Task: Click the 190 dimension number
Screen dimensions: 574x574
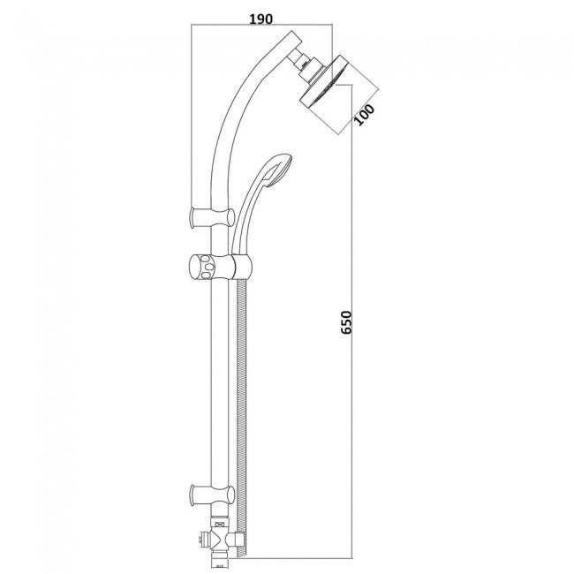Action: coord(261,19)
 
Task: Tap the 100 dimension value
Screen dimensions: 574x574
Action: coord(365,115)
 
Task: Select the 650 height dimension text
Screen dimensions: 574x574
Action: coord(345,322)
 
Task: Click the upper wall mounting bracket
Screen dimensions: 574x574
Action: coord(212,217)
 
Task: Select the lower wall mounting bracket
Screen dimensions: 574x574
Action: coord(212,495)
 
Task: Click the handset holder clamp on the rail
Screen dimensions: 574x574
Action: coord(242,267)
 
